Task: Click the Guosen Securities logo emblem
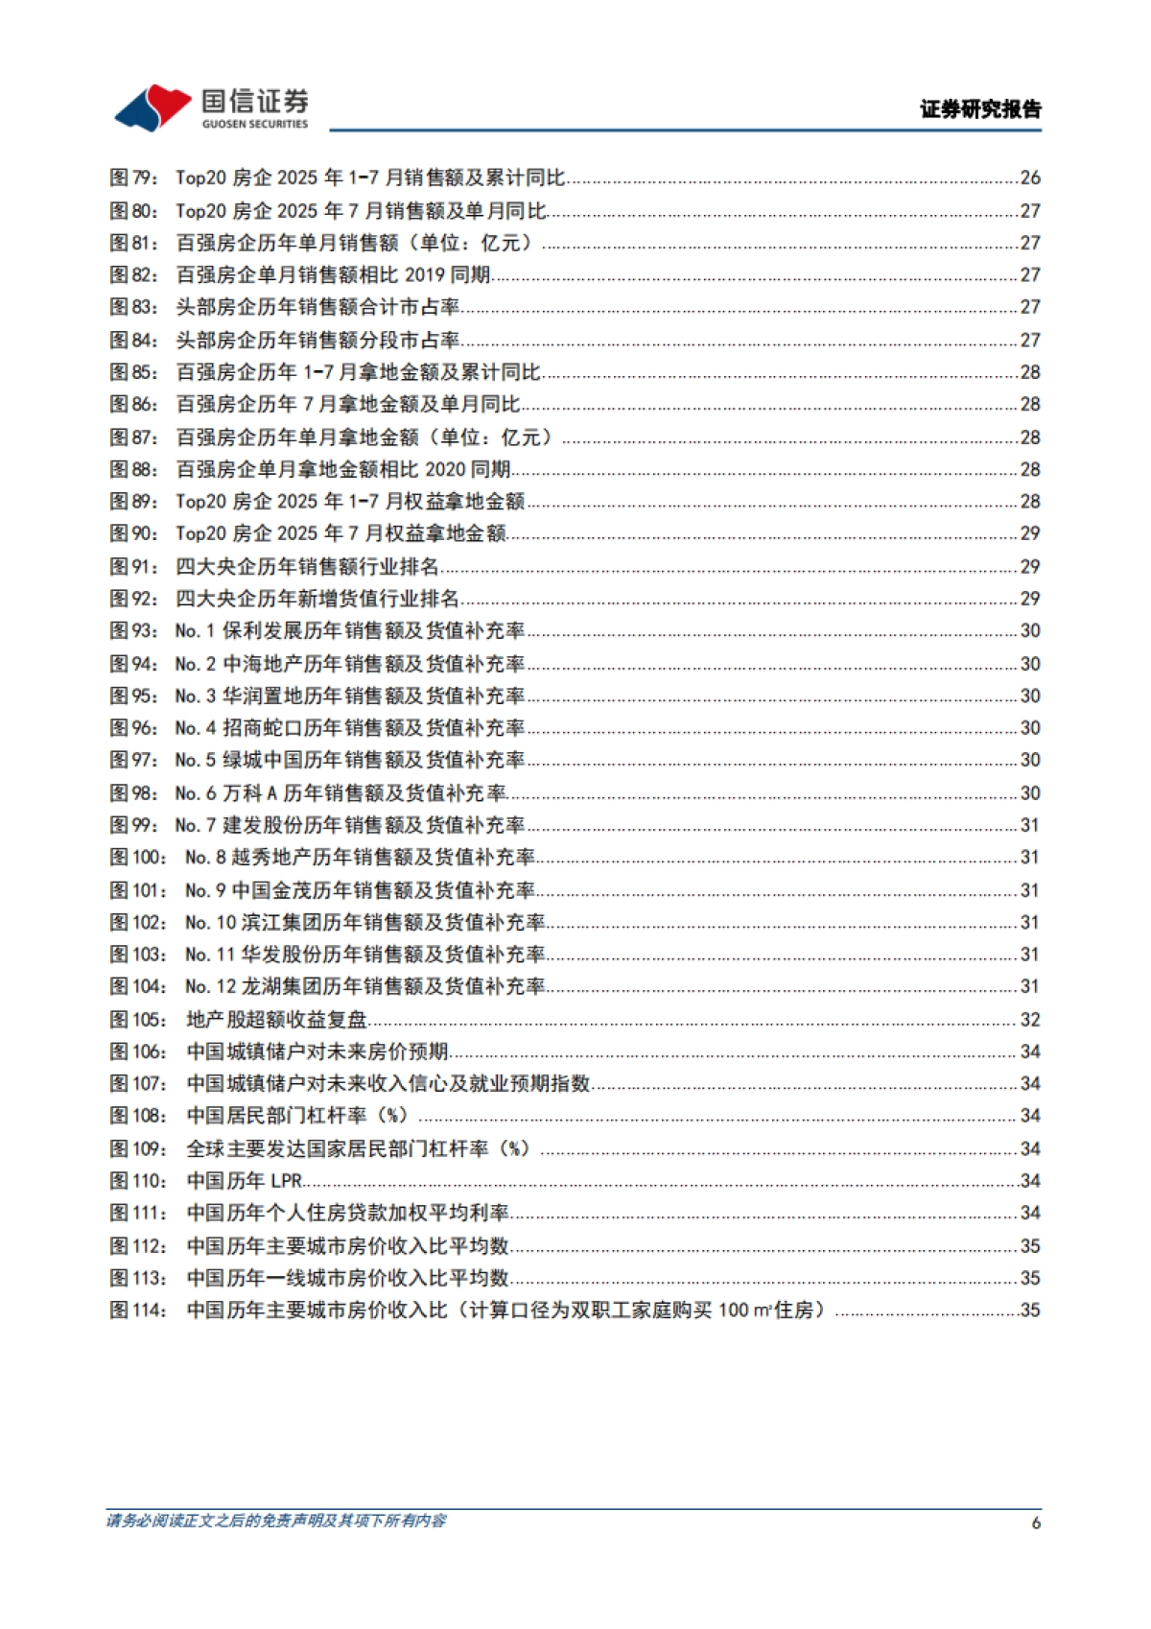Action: click(x=153, y=106)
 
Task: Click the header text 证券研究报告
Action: click(x=980, y=109)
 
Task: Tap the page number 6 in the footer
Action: click(x=1035, y=1523)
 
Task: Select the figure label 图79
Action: click(x=132, y=177)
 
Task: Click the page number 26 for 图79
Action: click(x=1030, y=177)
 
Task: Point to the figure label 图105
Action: click(x=138, y=1019)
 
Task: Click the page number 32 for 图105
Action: click(x=1030, y=1019)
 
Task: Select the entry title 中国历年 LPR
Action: click(x=245, y=1180)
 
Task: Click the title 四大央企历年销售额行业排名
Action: click(x=307, y=566)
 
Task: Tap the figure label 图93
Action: click(x=132, y=630)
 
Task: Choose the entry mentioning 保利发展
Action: click(x=350, y=630)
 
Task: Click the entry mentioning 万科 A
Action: click(x=341, y=792)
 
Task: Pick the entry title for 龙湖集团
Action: click(x=364, y=986)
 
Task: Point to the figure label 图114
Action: click(x=138, y=1310)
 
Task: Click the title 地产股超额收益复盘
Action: click(x=277, y=1019)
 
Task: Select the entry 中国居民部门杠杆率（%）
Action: click(x=297, y=1116)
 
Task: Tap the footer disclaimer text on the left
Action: click(x=276, y=1521)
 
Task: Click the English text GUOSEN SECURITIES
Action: click(x=255, y=124)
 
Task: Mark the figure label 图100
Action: click(x=138, y=857)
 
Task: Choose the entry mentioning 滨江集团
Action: click(x=364, y=922)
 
